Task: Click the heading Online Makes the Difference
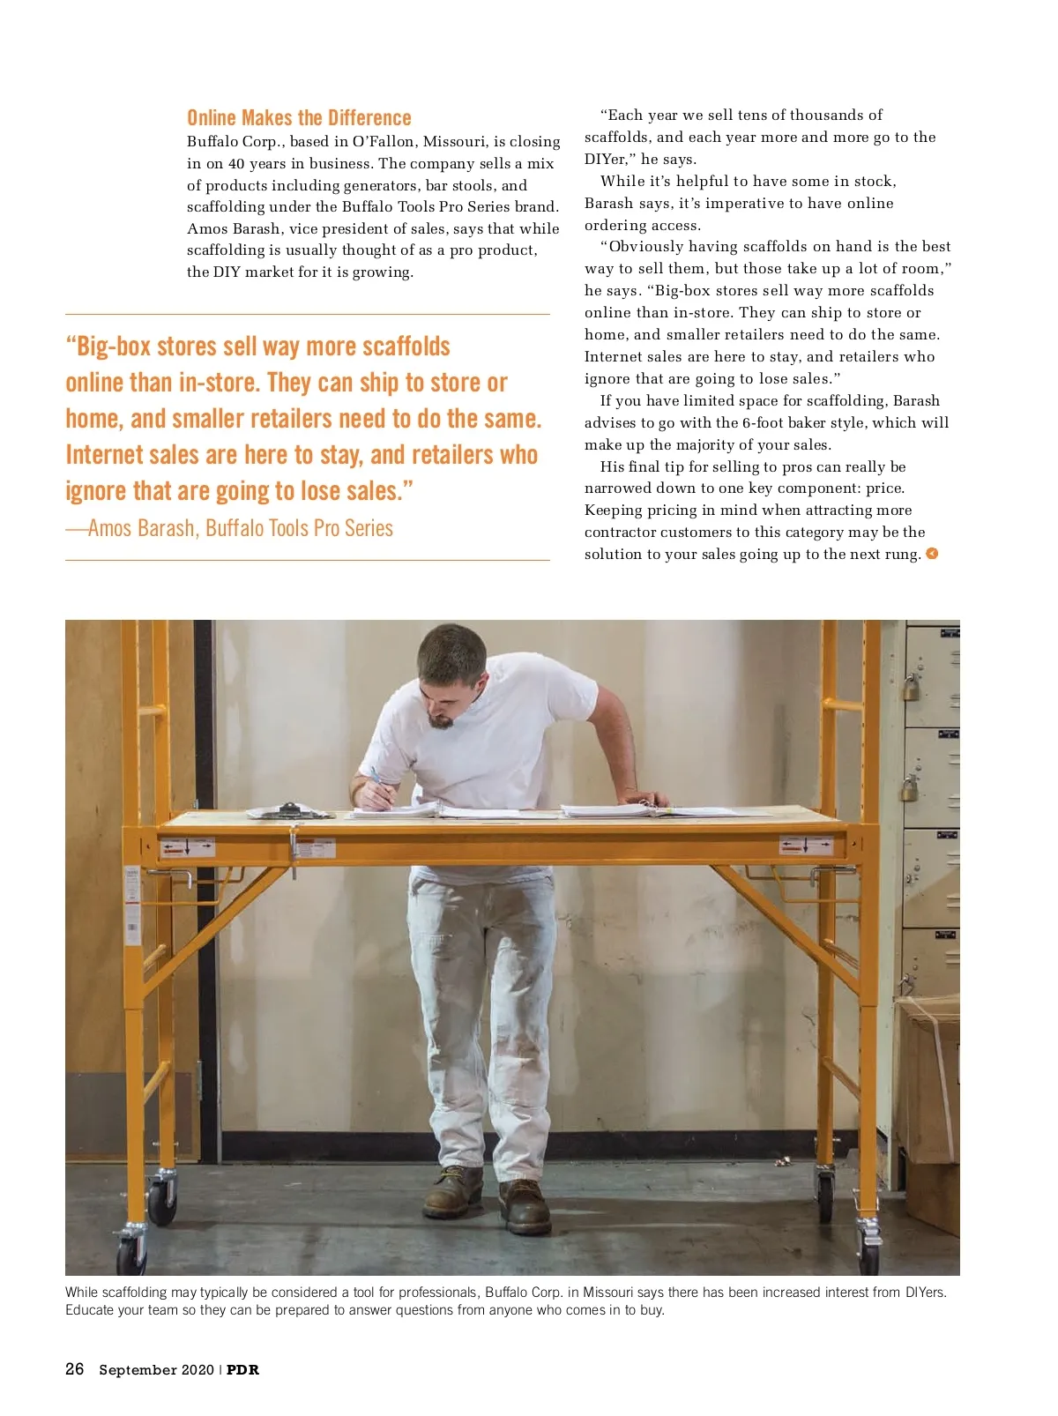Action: coord(299,118)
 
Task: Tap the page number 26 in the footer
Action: coord(75,1368)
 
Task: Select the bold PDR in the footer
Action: coord(242,1369)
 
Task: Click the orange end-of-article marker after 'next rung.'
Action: coord(932,554)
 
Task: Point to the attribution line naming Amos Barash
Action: coord(229,528)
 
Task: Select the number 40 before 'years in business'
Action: coord(236,163)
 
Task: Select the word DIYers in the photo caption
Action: coord(925,1292)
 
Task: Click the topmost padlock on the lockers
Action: coord(911,686)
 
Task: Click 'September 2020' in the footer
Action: coord(156,1369)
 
